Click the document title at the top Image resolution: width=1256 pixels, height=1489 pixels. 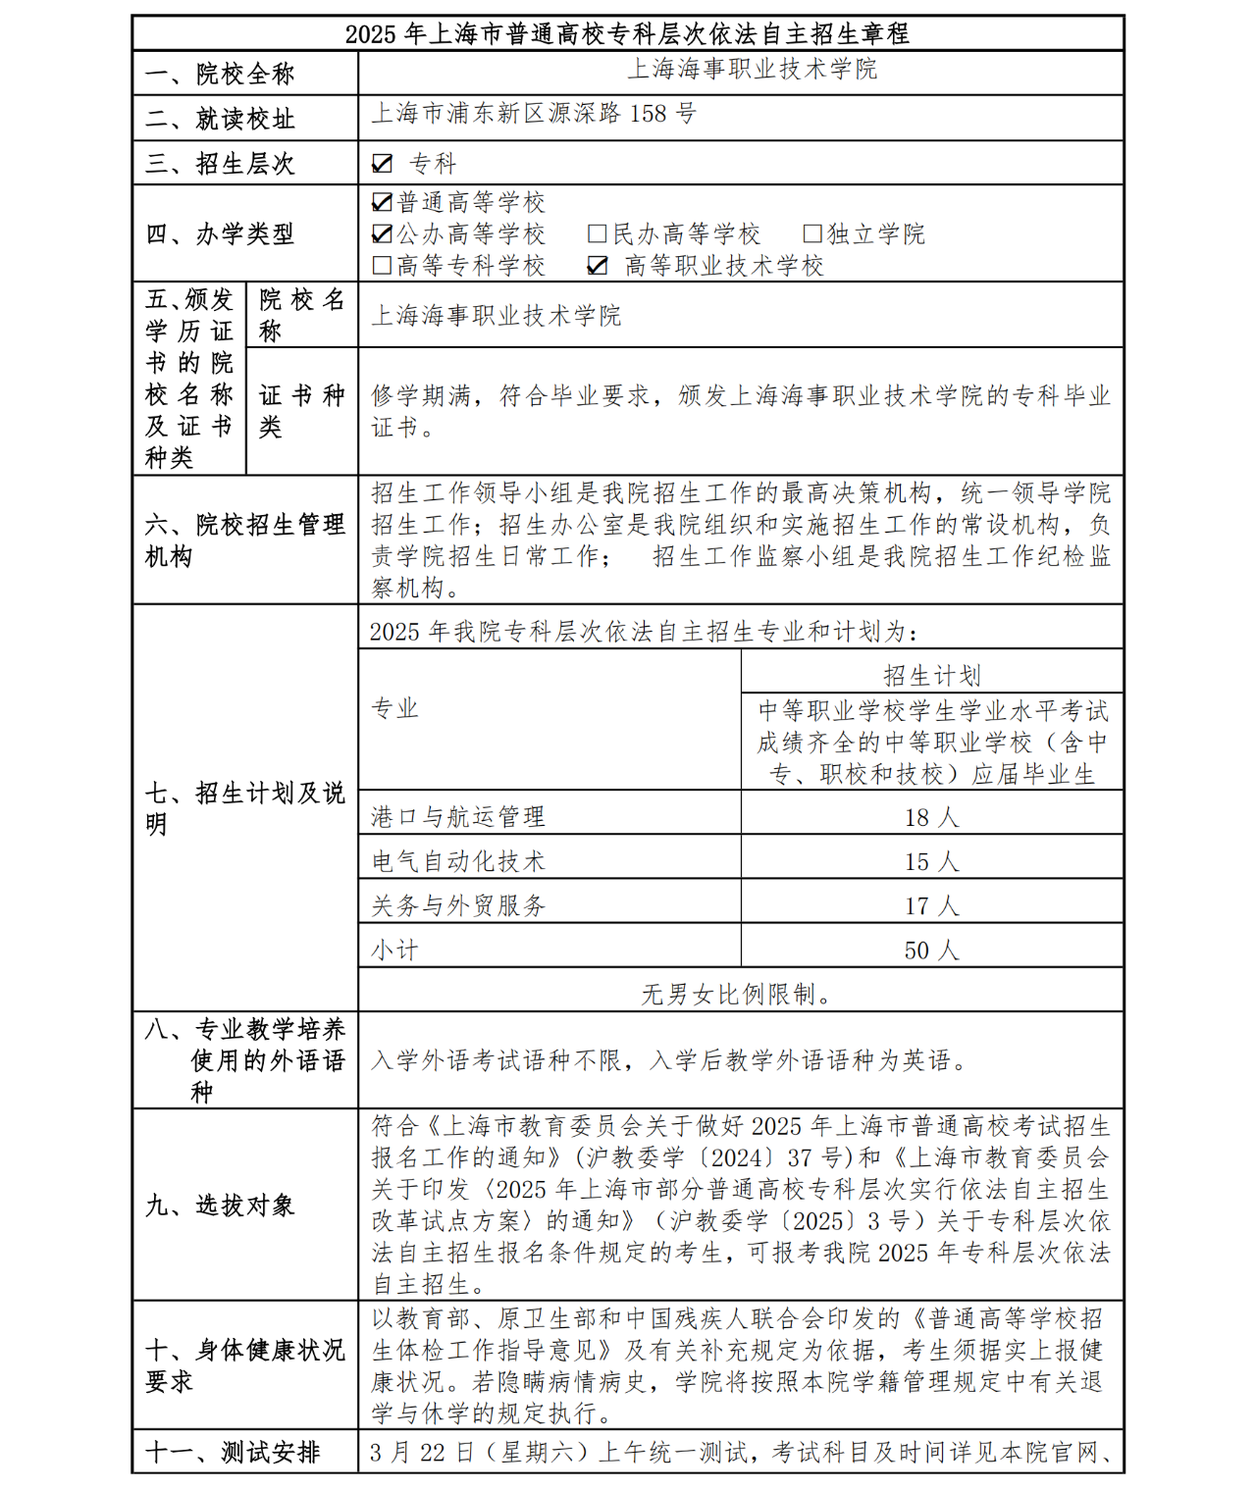click(x=627, y=33)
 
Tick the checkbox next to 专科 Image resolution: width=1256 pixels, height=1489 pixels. click(x=383, y=164)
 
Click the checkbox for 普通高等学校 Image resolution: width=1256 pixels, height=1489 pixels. click(x=383, y=203)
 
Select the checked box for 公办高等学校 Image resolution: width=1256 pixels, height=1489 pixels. click(x=383, y=234)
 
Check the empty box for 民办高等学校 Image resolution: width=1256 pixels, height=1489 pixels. click(x=597, y=234)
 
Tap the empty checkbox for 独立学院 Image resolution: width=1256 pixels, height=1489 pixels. click(x=811, y=234)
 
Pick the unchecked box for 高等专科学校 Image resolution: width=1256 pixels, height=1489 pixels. click(x=383, y=266)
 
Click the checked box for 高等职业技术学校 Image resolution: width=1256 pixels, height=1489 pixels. click(x=598, y=266)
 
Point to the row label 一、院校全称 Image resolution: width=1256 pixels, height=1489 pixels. click(x=220, y=74)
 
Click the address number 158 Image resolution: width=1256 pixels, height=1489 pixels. click(x=648, y=114)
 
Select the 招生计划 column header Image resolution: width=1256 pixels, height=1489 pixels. click(x=931, y=675)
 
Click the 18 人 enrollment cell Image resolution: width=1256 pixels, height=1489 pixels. click(x=931, y=817)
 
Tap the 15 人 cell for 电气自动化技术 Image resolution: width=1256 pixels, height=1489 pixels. click(x=931, y=861)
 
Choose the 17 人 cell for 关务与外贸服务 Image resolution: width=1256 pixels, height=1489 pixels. click(x=931, y=905)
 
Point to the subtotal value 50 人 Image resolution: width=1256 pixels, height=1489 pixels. click(x=931, y=950)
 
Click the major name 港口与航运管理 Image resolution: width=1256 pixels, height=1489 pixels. click(x=458, y=817)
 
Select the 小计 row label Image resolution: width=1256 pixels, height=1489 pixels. click(x=394, y=950)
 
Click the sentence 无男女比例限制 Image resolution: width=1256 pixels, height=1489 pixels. click(x=737, y=994)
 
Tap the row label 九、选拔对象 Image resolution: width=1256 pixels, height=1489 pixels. click(x=220, y=1205)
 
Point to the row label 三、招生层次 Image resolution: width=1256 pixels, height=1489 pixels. click(x=220, y=164)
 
